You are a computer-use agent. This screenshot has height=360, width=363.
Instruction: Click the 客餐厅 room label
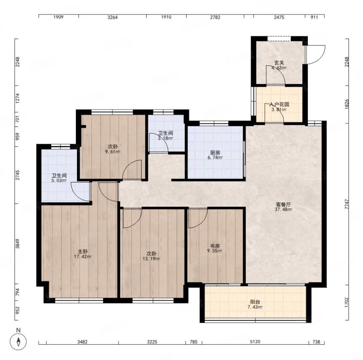coord(283,204)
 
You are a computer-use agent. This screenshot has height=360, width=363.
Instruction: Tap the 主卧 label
coord(82,252)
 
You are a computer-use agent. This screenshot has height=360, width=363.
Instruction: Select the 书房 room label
coord(215,246)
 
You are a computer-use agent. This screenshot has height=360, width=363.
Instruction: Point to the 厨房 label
coord(215,153)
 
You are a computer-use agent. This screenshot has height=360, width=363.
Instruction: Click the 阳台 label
coord(255,302)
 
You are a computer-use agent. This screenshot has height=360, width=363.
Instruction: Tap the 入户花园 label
coord(279,104)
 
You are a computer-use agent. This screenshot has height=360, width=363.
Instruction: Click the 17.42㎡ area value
coord(83,257)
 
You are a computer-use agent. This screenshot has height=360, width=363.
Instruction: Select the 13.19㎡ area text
coord(151,259)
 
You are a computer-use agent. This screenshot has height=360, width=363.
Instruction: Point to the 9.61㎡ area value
coord(112,152)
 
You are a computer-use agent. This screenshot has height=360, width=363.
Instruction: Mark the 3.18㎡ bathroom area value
coord(165,138)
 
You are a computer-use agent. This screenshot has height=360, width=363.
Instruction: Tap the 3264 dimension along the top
coord(112,17)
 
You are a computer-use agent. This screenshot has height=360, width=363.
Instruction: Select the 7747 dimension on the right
coord(346,204)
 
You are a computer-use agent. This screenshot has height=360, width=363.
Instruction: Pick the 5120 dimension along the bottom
coord(255,342)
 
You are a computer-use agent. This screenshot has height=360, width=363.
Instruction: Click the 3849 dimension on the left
coord(18,244)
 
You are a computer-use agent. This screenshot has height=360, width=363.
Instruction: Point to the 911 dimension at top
coord(314,17)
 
